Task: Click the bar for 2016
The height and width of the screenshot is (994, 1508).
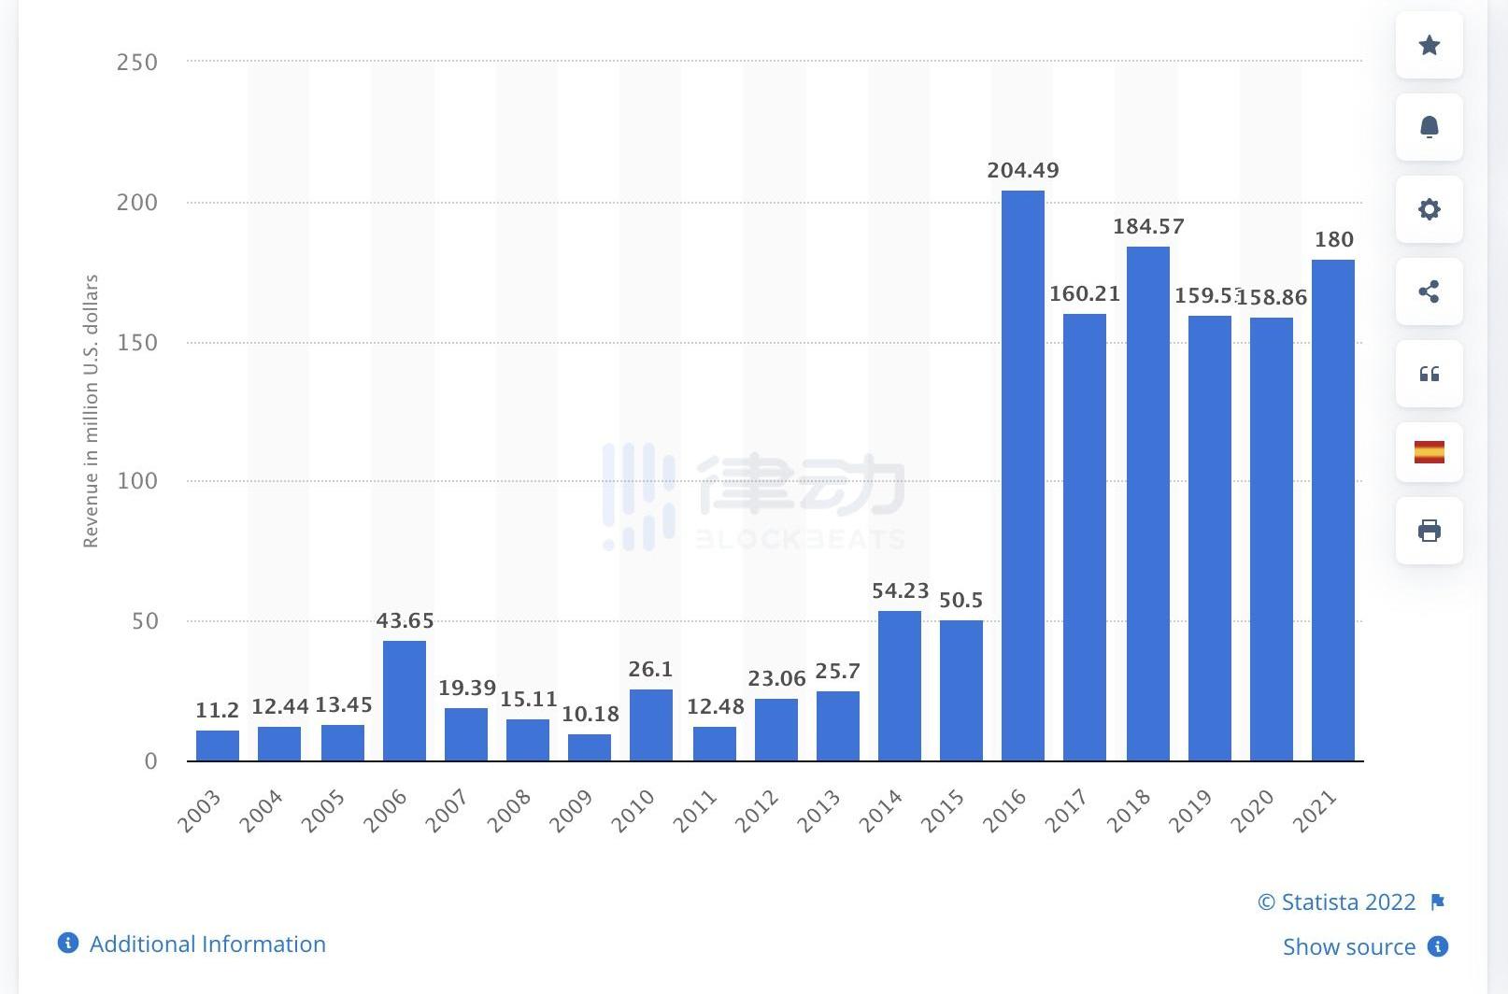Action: (1022, 476)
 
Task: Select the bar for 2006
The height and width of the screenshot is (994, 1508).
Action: (404, 700)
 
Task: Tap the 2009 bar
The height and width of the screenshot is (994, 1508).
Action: (589, 746)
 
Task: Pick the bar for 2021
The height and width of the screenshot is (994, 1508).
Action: (1332, 510)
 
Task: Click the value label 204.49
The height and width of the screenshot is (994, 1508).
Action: (1022, 171)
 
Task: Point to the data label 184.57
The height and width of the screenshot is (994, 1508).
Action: (1147, 227)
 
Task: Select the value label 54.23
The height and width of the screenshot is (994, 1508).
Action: (900, 591)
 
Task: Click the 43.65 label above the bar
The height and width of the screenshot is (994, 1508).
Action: (405, 621)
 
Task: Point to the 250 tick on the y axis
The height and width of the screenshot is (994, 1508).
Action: (136, 63)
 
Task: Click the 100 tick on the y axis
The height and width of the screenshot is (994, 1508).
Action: (136, 481)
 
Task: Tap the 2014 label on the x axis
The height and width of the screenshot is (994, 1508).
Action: (880, 810)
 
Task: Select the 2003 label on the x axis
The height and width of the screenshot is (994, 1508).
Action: (199, 810)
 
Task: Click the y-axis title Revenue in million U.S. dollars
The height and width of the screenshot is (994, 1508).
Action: (91, 411)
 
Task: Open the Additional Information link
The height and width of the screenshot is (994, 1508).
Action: (206, 944)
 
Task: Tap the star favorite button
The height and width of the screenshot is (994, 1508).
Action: (1429, 45)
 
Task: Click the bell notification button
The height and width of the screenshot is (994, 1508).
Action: (1429, 127)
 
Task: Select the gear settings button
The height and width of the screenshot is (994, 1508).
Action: (1429, 209)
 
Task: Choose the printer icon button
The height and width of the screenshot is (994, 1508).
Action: (1429, 531)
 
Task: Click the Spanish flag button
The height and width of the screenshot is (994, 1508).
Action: (1429, 452)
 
